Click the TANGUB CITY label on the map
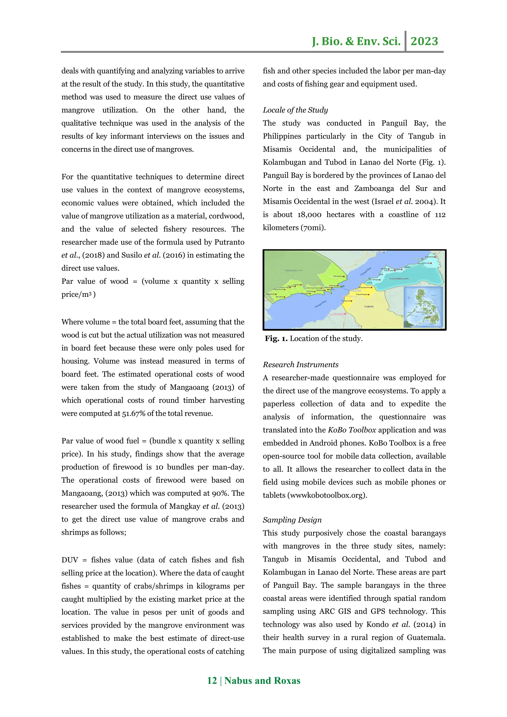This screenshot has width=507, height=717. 293,270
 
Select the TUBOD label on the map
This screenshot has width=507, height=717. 369,307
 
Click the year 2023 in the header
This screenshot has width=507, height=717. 424,41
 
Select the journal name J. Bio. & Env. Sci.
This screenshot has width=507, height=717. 356,41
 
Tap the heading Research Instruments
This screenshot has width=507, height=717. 301,364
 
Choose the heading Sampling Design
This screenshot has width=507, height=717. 292,520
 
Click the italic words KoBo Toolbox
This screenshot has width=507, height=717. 352,430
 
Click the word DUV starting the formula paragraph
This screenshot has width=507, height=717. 70,560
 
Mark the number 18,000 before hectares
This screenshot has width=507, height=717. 309,215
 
